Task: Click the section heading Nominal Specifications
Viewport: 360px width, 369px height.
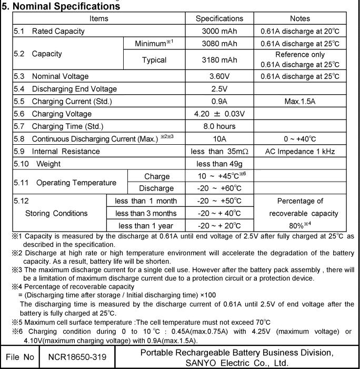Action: (61, 7)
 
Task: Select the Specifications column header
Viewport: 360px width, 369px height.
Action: (219, 18)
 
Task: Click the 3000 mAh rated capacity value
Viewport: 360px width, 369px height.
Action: (219, 31)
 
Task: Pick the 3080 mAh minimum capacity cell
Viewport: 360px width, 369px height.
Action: (219, 43)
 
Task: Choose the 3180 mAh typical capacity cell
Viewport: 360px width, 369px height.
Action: (219, 60)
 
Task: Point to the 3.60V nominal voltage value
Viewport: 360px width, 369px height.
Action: (219, 77)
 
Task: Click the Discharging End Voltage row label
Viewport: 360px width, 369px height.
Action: (74, 89)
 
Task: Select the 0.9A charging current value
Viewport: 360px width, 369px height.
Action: (219, 101)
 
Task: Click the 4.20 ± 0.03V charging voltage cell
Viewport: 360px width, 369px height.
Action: (219, 114)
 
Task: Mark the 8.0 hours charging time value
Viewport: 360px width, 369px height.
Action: (219, 126)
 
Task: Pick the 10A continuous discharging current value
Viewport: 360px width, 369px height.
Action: (219, 139)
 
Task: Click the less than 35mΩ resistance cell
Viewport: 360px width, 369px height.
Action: (219, 152)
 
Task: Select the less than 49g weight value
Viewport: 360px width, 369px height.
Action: (219, 164)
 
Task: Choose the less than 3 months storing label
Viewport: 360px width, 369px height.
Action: (146, 213)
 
